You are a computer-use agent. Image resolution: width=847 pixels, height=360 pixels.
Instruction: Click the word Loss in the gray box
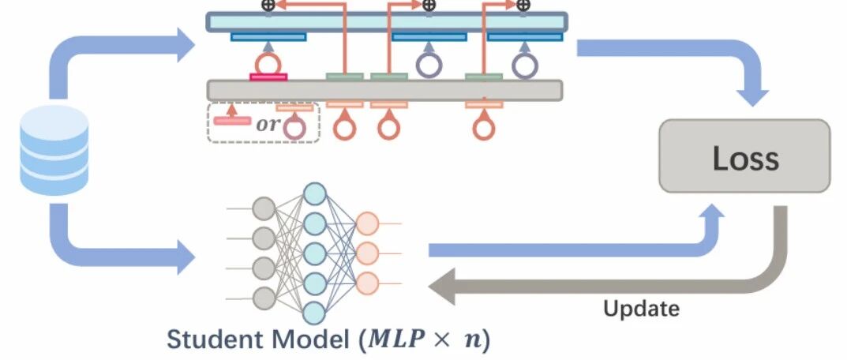click(x=745, y=159)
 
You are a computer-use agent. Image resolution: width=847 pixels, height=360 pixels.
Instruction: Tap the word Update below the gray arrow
click(x=641, y=309)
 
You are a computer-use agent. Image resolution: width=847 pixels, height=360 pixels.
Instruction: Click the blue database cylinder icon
click(x=54, y=150)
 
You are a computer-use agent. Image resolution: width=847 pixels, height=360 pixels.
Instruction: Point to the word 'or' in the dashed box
click(x=268, y=124)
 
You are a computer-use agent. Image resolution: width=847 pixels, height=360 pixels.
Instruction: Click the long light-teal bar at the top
click(x=387, y=22)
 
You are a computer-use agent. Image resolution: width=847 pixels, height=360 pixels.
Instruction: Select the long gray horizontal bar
click(x=385, y=90)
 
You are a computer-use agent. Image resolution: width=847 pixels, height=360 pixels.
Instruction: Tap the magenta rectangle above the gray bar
click(x=268, y=77)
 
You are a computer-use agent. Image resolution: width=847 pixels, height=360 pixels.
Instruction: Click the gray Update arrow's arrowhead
click(x=442, y=286)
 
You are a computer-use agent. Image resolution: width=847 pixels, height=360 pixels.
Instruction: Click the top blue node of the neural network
click(x=315, y=193)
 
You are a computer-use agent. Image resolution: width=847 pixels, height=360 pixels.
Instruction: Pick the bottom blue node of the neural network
click(x=315, y=313)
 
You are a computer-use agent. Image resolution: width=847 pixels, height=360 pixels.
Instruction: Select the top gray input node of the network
click(x=264, y=208)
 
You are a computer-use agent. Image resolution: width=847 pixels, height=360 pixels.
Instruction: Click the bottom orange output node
click(x=367, y=283)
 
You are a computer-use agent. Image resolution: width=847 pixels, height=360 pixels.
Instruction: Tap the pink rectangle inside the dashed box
click(x=232, y=121)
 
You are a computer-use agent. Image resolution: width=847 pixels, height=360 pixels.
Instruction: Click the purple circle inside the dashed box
click(x=295, y=129)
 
